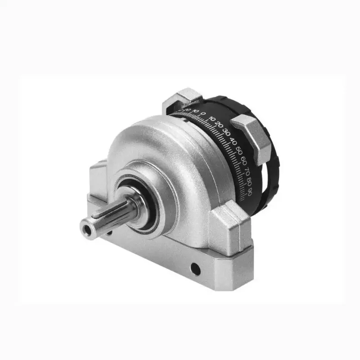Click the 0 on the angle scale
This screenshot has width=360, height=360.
[203, 113]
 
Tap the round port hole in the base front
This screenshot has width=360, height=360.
[195, 270]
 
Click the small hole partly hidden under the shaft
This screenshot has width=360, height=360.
[109, 233]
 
